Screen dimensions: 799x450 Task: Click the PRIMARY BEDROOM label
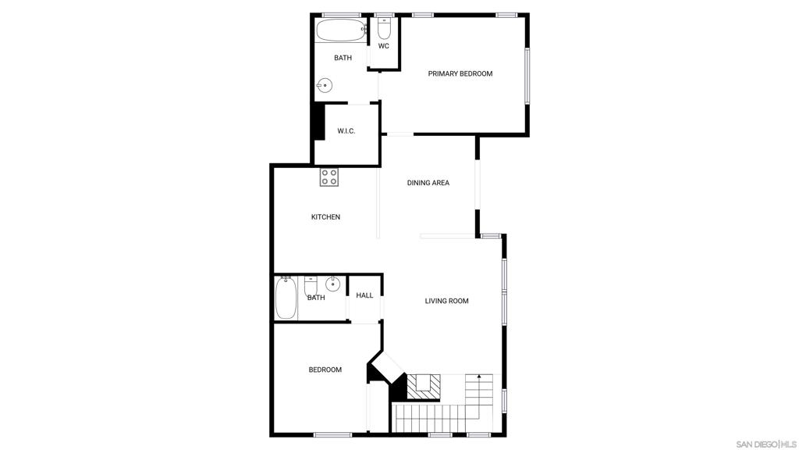click(460, 73)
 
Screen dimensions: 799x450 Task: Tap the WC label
click(384, 46)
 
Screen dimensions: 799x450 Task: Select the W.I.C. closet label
click(346, 131)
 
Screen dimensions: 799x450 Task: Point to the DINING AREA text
click(428, 183)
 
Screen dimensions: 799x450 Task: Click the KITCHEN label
click(325, 217)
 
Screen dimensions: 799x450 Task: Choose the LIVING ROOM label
click(447, 301)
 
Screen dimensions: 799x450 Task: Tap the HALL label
click(364, 295)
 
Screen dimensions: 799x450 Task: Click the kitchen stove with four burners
click(329, 177)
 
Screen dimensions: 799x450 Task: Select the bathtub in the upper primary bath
click(341, 30)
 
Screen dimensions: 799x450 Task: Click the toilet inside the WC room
click(384, 29)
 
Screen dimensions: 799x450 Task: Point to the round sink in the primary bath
click(325, 86)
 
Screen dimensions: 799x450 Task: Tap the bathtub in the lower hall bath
click(286, 298)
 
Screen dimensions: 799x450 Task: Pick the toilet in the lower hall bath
click(311, 286)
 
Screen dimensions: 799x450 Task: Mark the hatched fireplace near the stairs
click(423, 387)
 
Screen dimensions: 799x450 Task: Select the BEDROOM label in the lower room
click(325, 370)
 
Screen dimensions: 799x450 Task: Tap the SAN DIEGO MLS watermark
click(766, 444)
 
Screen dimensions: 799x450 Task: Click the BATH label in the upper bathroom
click(343, 58)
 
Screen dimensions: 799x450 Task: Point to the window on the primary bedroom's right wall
click(527, 76)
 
